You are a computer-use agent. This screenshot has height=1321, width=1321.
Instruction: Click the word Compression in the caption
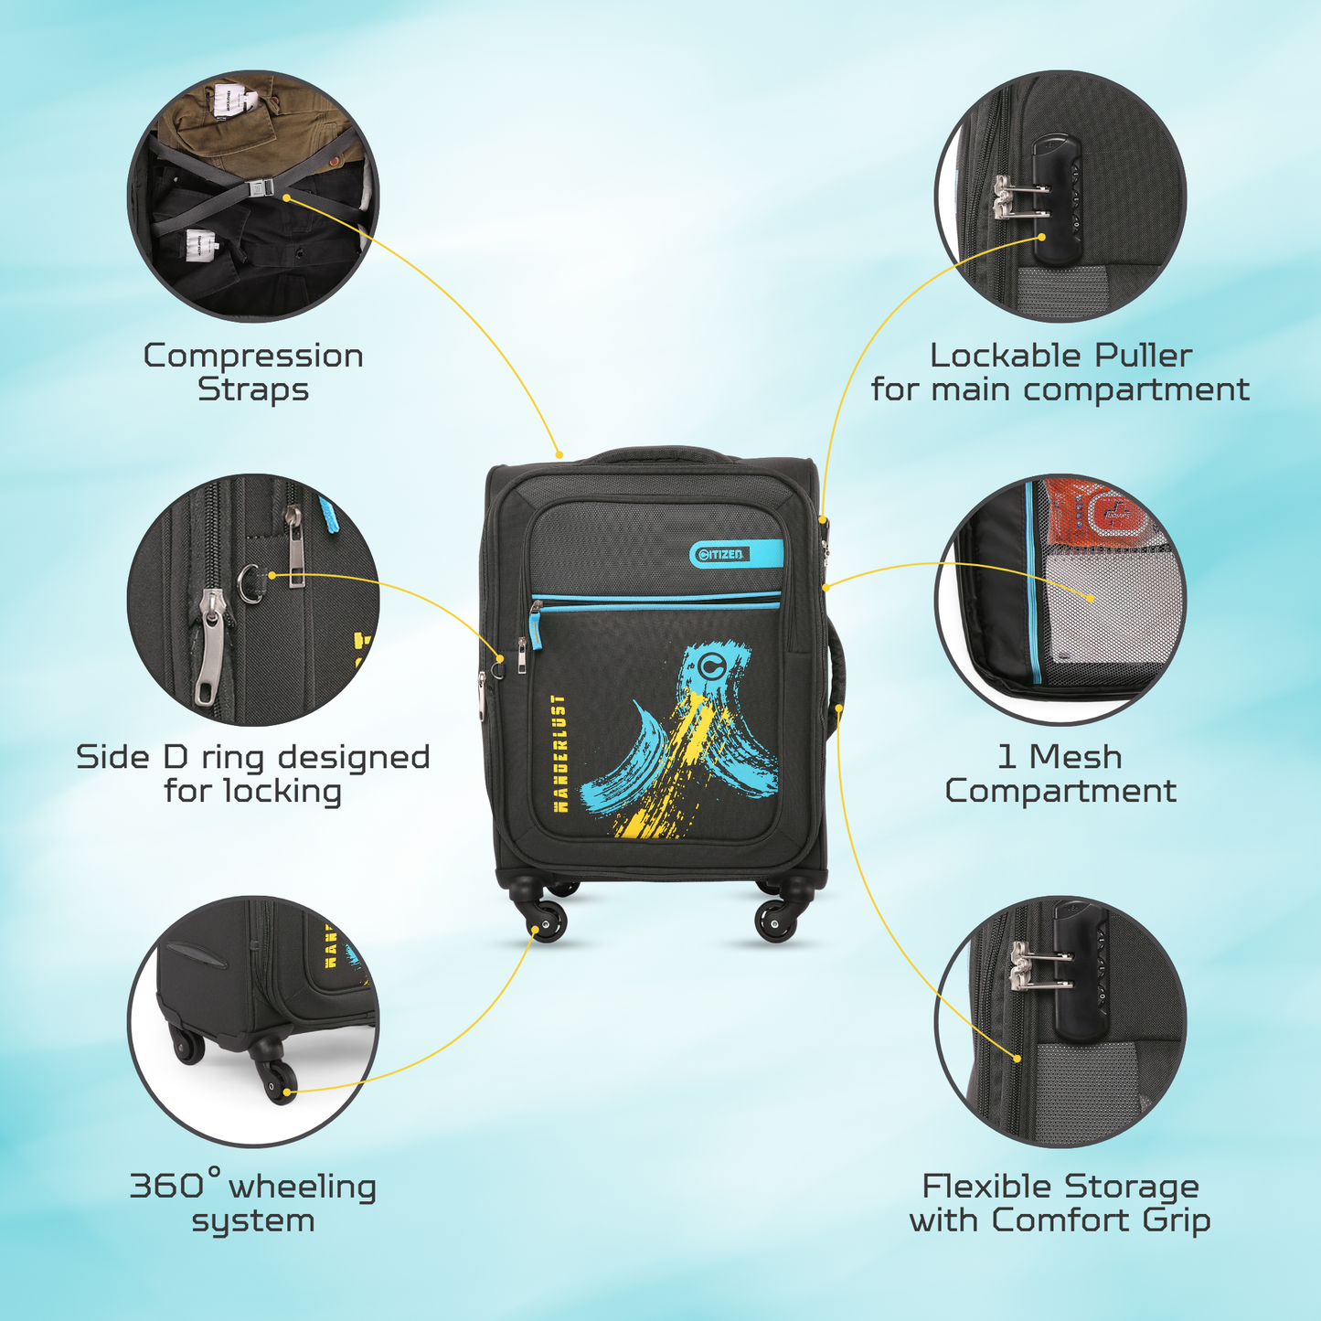[253, 357]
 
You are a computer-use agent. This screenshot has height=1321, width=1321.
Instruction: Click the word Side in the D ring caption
[111, 757]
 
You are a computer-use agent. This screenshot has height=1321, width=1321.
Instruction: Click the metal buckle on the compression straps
[258, 186]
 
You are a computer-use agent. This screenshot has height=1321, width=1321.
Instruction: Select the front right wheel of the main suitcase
[774, 921]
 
